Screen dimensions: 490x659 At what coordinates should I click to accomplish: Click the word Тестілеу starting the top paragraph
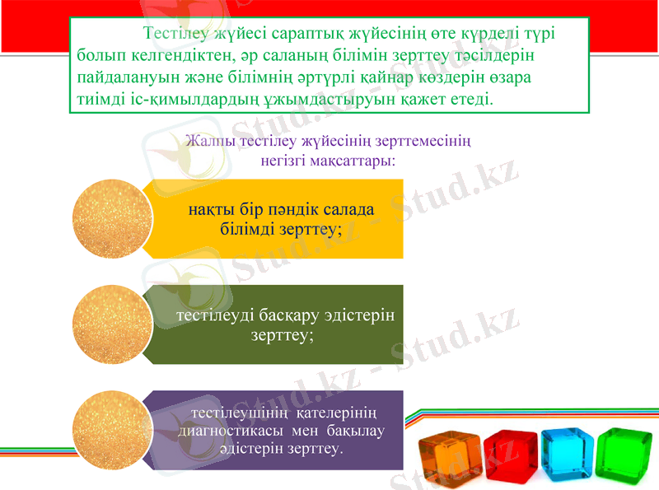click(176, 35)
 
